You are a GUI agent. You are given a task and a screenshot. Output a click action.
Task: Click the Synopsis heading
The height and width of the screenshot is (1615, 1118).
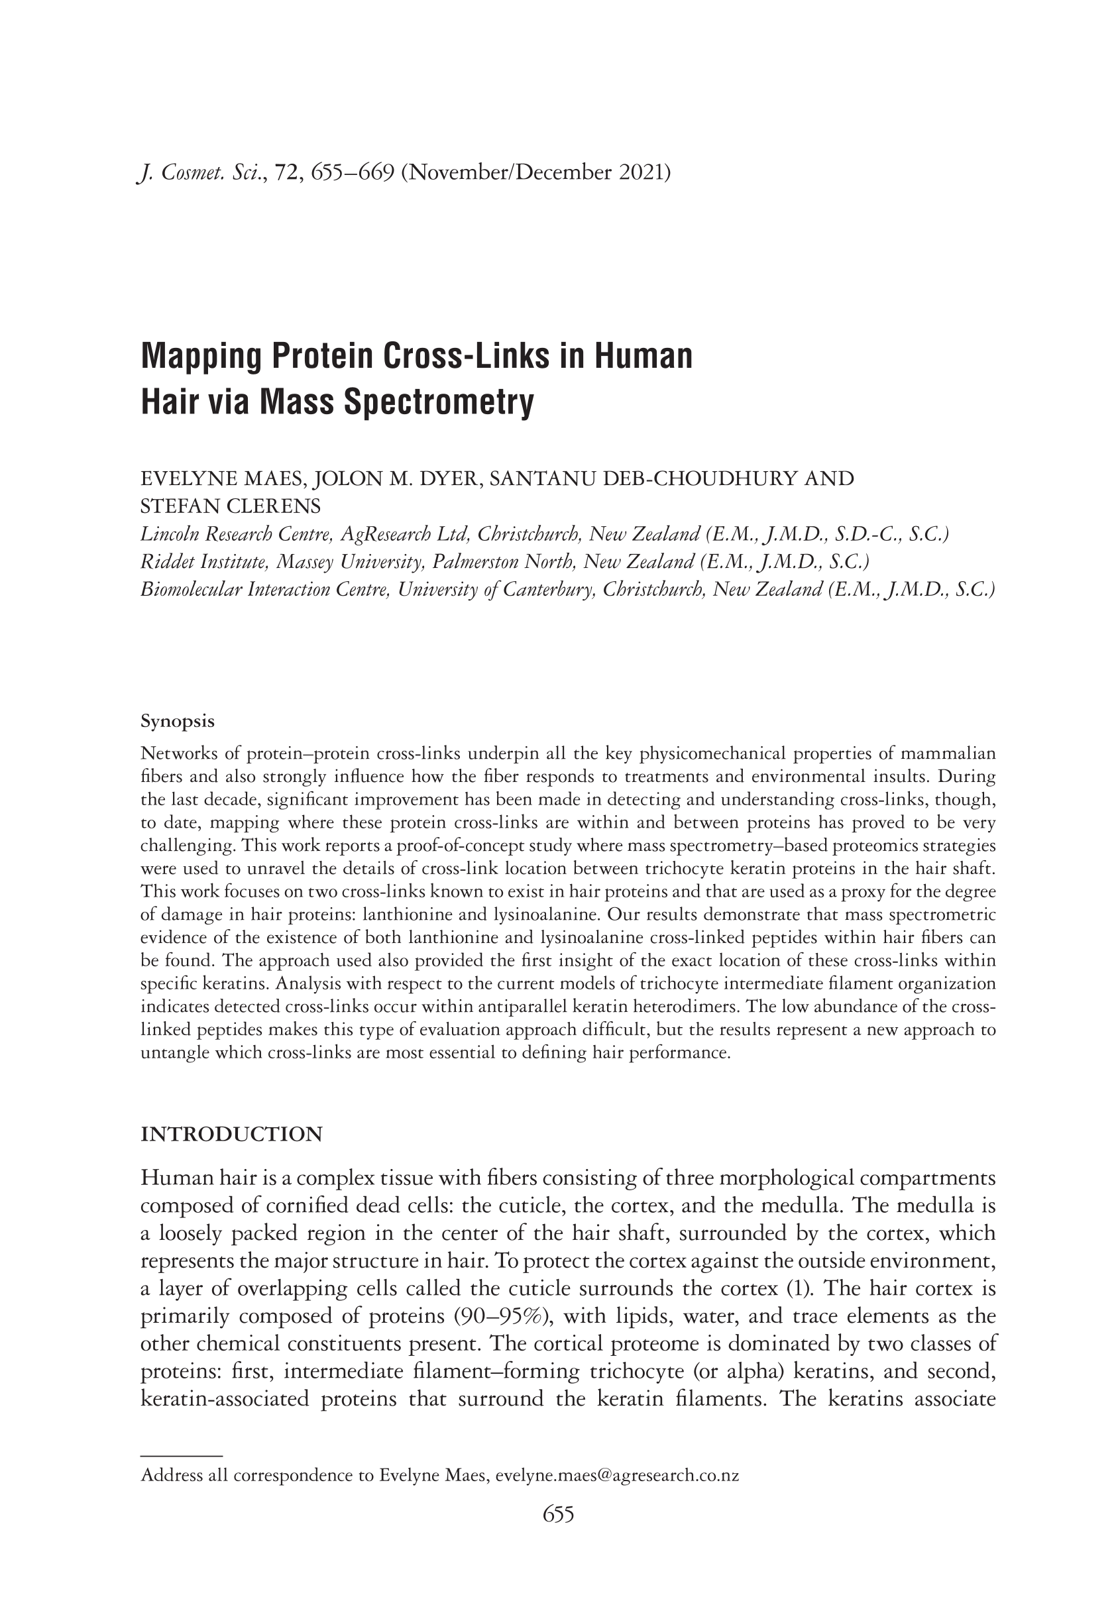pos(177,722)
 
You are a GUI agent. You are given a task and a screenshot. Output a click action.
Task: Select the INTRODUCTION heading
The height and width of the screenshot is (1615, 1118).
pos(231,1135)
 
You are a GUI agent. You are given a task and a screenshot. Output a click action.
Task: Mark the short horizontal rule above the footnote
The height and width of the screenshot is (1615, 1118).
pos(181,1455)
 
